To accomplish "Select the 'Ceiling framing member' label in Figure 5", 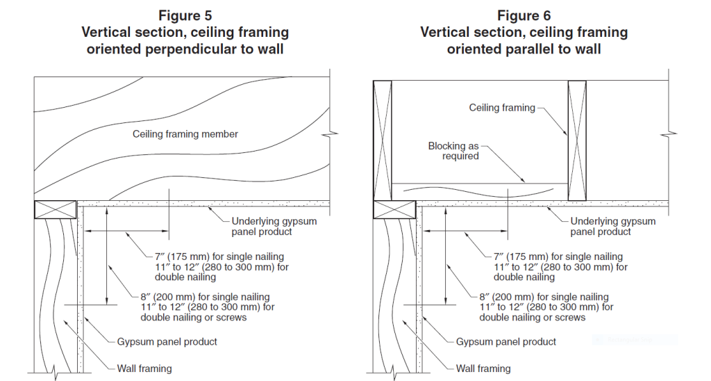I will pyautogui.click(x=185, y=133).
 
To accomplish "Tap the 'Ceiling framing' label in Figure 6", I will pyautogui.click(x=502, y=108).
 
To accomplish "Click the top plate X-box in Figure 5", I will pyautogui.click(x=55, y=209).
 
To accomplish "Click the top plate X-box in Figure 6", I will pyautogui.click(x=394, y=209).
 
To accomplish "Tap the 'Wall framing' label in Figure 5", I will pyautogui.click(x=144, y=368).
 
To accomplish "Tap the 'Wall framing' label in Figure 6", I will pyautogui.click(x=483, y=368).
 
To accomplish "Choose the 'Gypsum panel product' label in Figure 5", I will pyautogui.click(x=167, y=341).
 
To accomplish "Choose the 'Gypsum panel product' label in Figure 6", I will pyautogui.click(x=506, y=341).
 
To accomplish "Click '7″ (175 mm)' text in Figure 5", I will pyautogui.click(x=174, y=257).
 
